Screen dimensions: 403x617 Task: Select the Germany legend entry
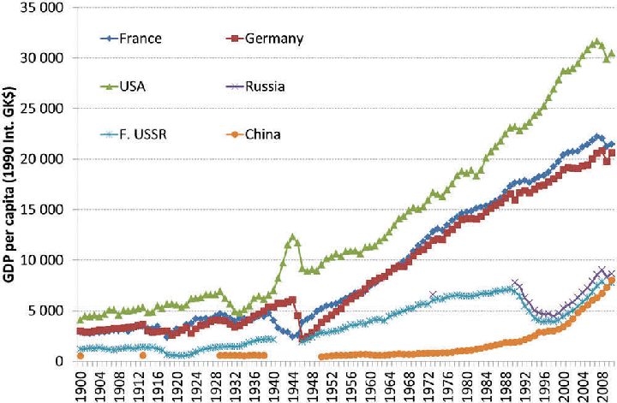tap(273, 39)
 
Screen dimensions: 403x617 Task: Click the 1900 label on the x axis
tap(81, 382)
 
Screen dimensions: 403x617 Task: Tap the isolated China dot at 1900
tap(81, 356)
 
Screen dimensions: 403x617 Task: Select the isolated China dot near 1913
tap(143, 355)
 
